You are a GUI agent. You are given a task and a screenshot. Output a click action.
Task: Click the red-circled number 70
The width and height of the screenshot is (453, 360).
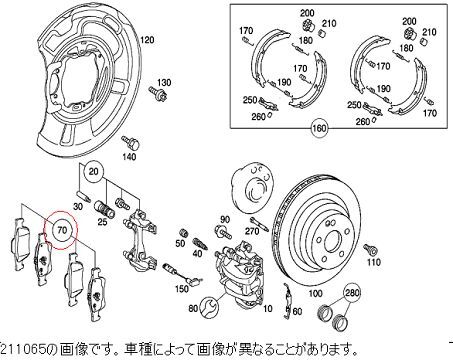pos(62,230)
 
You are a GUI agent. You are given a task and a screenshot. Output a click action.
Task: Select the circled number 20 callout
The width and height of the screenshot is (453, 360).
pos(94,171)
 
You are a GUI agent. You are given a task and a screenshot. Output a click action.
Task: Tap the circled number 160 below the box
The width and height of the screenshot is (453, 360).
pos(319,128)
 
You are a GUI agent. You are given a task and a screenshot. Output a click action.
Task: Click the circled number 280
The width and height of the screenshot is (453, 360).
pos(352,292)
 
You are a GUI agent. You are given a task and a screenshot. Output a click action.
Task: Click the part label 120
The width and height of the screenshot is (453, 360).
pos(147,40)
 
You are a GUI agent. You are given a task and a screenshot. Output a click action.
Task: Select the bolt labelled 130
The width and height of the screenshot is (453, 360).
pos(158,93)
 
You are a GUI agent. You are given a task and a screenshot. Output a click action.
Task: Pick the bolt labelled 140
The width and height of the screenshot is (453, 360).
pos(130,143)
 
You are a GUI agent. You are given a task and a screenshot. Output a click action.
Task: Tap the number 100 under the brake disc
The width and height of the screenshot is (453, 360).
pos(315,293)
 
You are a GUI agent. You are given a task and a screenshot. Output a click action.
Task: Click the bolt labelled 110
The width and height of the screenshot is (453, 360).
pos(371,249)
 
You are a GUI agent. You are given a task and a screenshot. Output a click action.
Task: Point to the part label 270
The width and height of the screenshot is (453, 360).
pos(251,231)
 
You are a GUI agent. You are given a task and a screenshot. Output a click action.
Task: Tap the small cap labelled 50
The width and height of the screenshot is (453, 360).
pos(183,233)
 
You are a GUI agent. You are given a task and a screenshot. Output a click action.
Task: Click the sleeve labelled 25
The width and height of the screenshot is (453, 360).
pos(104,208)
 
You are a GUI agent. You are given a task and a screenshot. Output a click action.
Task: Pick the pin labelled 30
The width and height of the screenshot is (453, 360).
pos(84,196)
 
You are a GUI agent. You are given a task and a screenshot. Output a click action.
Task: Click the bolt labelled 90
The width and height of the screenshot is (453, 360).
pos(224,231)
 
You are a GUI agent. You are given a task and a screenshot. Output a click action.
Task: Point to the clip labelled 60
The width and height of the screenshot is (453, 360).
pos(288,300)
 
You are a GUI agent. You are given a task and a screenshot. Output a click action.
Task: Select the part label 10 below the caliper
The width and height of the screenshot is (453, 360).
pos(267,309)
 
